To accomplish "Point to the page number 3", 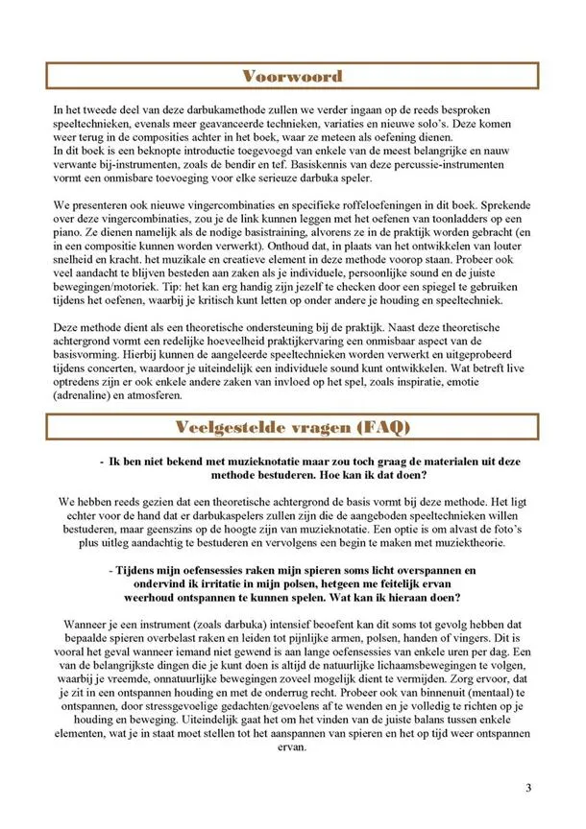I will [x=528, y=788].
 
